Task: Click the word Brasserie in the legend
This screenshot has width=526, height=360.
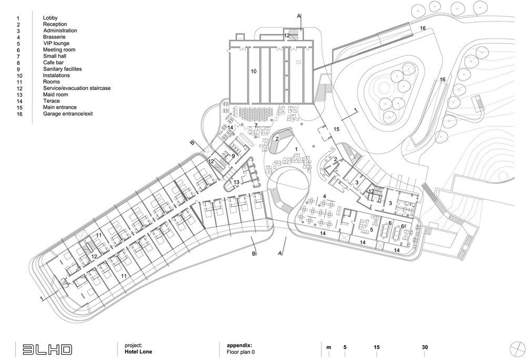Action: point(54,37)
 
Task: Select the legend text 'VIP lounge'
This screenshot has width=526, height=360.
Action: point(56,43)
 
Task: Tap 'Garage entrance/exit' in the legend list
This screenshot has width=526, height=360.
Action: point(68,114)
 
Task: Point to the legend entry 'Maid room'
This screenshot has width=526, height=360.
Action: point(55,95)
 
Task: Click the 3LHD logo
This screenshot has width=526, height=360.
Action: point(47,349)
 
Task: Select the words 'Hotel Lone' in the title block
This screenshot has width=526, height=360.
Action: point(138,352)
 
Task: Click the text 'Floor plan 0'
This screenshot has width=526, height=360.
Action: point(240,352)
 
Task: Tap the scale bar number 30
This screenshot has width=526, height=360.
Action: point(424,347)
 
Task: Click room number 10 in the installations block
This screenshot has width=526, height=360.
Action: point(254,71)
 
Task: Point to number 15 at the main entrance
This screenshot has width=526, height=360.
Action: point(337,129)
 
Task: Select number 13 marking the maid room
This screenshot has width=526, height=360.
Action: point(237,182)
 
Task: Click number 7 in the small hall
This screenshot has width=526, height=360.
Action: point(256,125)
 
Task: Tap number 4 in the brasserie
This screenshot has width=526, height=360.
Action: point(325,196)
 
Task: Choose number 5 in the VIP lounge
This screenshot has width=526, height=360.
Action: point(371,230)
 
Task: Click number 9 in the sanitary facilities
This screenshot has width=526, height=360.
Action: point(233,156)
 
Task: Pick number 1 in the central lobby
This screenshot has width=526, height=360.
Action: point(296,149)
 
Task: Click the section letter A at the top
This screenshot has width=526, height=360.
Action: point(299,16)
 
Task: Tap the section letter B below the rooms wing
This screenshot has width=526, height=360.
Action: point(254,254)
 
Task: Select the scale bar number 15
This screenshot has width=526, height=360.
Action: point(377,347)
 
